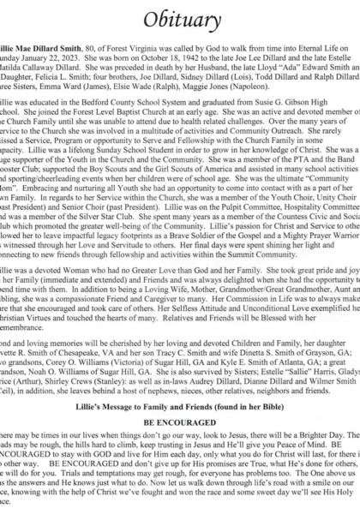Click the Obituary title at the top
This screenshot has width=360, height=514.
[x=179, y=17]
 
